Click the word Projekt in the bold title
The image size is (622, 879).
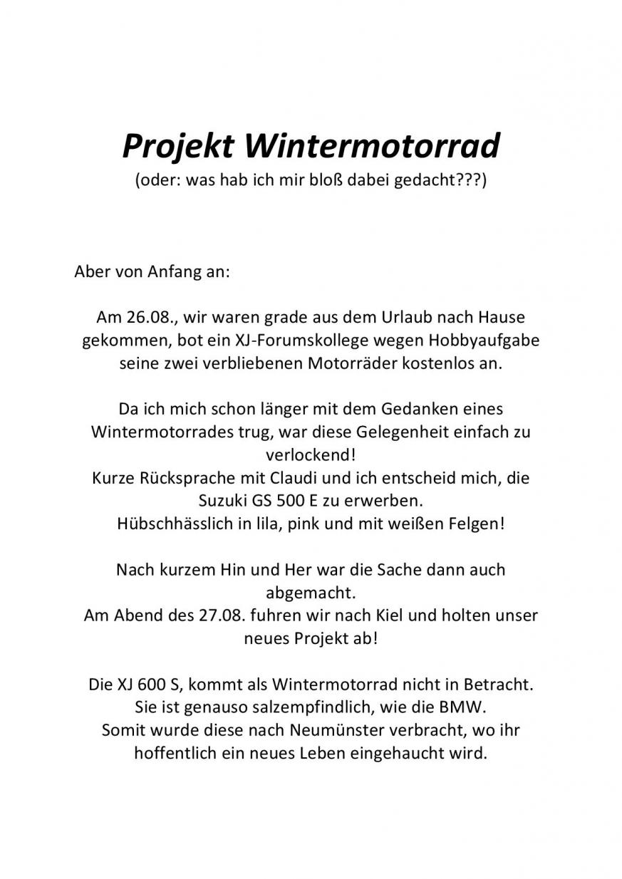pos(178,147)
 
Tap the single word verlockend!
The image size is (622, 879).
pos(310,454)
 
